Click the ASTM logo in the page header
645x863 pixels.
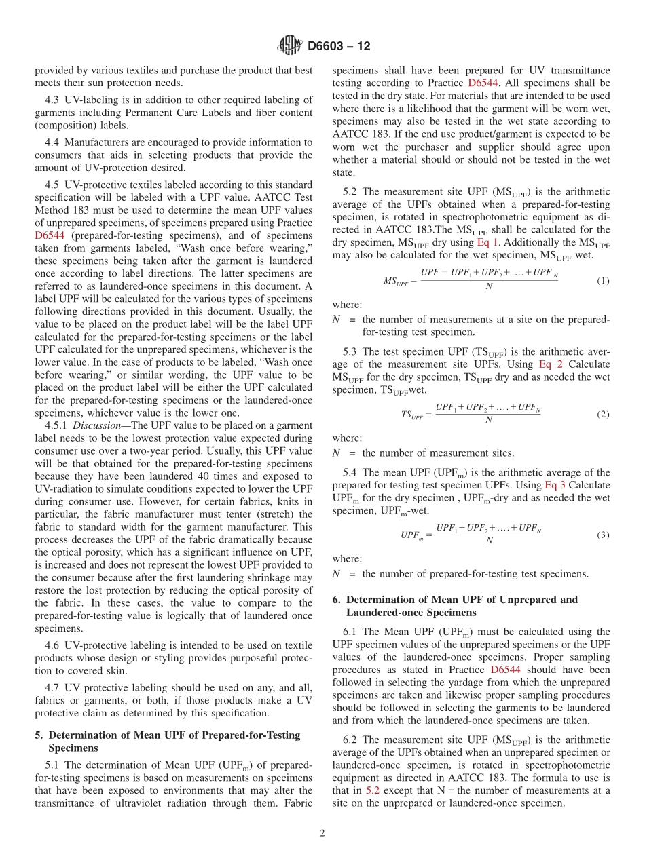click(x=290, y=46)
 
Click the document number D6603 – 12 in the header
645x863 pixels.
click(x=339, y=47)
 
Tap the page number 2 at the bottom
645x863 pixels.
click(x=322, y=833)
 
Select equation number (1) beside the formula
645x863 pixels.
click(x=602, y=280)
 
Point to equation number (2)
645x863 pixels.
click(x=602, y=414)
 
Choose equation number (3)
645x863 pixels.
click(x=602, y=535)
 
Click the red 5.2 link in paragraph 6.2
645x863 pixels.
click(x=373, y=790)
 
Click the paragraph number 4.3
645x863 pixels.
click(x=54, y=100)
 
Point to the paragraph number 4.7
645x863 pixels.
click(x=54, y=688)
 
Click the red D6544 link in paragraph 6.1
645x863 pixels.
click(x=504, y=670)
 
